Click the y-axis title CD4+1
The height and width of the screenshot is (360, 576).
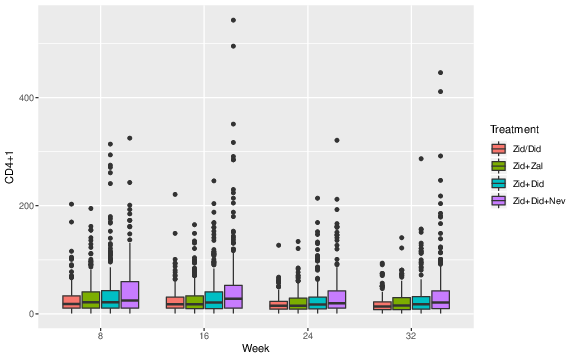(x=10, y=165)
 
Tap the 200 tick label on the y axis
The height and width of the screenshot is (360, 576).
(x=27, y=206)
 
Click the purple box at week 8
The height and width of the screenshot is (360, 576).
(x=130, y=295)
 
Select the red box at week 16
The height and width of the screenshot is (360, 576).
(x=175, y=302)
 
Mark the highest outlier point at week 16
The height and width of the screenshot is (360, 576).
(x=233, y=20)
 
